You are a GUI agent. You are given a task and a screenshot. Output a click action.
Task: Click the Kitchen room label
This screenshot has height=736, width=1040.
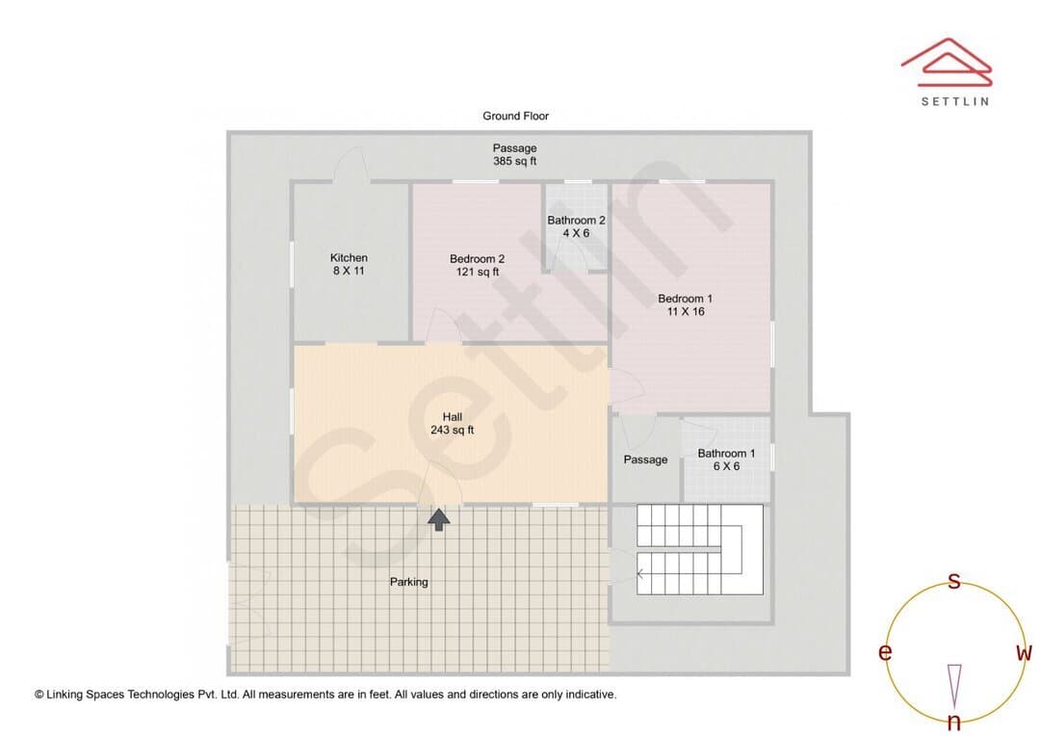click(x=349, y=257)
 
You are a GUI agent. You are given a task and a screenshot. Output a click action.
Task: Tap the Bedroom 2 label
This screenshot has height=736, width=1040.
click(x=477, y=259)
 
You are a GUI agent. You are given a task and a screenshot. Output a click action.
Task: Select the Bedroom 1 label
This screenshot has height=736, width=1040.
click(x=686, y=299)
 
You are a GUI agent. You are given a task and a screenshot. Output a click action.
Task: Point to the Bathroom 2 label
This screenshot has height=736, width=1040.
click(x=576, y=221)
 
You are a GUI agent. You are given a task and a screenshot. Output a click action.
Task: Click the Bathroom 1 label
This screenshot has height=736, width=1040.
click(x=726, y=454)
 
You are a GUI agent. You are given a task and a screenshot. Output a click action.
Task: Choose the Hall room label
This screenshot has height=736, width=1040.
click(x=453, y=417)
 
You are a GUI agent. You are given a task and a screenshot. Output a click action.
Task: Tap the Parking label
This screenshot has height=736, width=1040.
click(x=408, y=582)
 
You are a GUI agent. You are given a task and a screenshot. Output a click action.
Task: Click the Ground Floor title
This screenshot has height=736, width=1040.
click(x=515, y=116)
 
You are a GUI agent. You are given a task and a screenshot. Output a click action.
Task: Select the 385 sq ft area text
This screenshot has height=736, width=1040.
click(x=514, y=161)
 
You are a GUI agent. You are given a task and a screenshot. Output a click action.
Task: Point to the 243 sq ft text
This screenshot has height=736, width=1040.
click(x=453, y=430)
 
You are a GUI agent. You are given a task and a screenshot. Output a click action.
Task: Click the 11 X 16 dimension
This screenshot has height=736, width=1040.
click(x=686, y=311)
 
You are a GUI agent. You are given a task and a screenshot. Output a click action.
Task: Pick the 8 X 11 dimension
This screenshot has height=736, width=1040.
click(x=349, y=271)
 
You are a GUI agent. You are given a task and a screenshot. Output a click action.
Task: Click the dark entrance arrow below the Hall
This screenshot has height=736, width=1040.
click(x=438, y=519)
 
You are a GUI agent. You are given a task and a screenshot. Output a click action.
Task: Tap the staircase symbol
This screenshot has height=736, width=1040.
click(x=700, y=549)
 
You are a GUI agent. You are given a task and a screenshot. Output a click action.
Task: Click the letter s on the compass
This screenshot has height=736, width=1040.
click(x=954, y=581)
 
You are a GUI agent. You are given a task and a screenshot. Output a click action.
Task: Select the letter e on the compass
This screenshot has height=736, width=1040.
click(x=885, y=652)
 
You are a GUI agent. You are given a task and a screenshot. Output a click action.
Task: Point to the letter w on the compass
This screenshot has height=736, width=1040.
click(x=1024, y=653)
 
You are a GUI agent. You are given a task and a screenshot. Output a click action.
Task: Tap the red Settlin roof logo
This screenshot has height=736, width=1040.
click(x=947, y=63)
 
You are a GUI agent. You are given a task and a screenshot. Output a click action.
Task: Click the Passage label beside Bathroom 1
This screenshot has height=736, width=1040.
click(x=645, y=460)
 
